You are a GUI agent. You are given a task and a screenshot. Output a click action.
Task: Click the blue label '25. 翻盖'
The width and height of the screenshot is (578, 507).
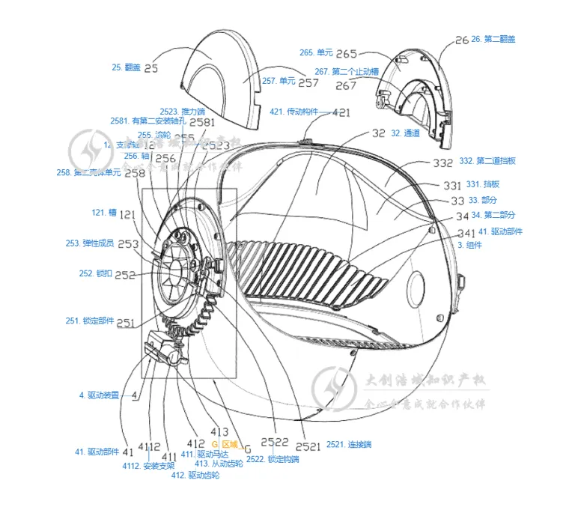click(x=126, y=67)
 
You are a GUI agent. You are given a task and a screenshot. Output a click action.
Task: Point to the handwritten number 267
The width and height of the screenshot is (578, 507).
click(x=346, y=85)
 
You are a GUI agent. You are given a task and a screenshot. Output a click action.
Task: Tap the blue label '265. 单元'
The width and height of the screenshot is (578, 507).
click(x=316, y=52)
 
